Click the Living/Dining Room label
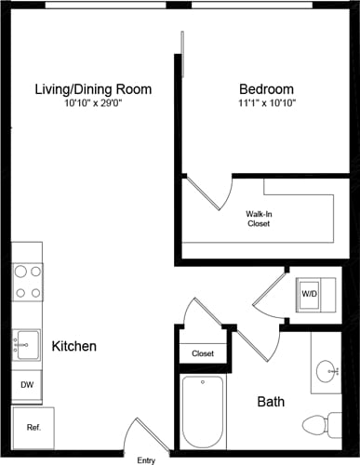coord(93,89)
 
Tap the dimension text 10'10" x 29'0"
coord(93,103)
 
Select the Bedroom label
coord(265,89)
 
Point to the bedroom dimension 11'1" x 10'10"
coord(265,103)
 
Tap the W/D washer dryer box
coord(309,293)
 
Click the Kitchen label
coord(73,346)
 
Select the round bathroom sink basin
coord(327,373)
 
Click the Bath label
coord(271,402)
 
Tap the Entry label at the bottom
coord(146,459)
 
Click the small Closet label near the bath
coord(203,353)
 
